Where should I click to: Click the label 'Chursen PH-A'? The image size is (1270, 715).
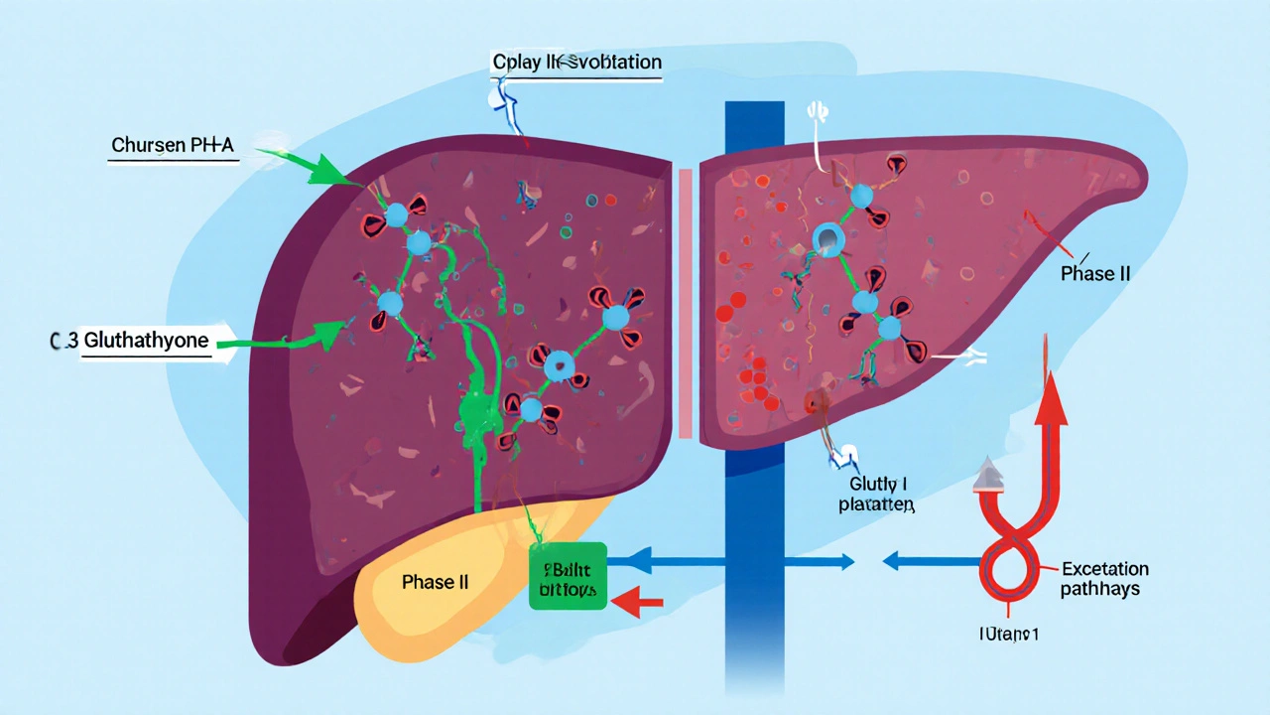tap(175, 146)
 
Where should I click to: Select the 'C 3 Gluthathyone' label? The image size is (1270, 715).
tap(129, 341)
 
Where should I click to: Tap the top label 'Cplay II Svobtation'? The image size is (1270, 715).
tap(576, 63)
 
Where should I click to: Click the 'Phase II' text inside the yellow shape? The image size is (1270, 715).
tap(435, 582)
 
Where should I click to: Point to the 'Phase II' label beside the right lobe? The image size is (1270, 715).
tap(1094, 273)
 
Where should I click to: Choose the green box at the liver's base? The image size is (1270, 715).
tap(568, 575)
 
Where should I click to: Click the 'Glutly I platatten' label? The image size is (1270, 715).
tap(879, 494)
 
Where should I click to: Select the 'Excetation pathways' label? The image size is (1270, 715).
tap(1104, 579)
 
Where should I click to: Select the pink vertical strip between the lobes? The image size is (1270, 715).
tap(685, 303)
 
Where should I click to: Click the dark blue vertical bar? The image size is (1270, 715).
tap(755, 397)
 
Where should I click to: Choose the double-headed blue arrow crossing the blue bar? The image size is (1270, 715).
tap(730, 562)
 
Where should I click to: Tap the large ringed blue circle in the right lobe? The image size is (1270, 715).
tap(829, 238)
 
